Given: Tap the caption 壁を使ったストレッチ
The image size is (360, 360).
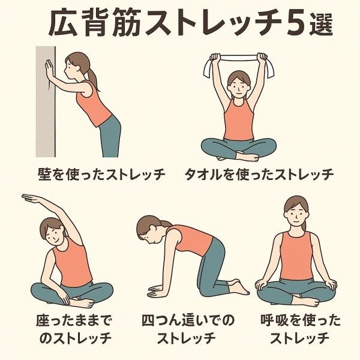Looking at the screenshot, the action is coord(101,174).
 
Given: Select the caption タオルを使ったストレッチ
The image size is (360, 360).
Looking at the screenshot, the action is coord(259,174).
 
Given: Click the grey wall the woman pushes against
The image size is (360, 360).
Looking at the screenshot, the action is coord(46,101).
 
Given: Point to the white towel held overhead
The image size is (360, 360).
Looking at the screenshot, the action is coord(239,63).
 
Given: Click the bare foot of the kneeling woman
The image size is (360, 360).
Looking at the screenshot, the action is coord(239,287).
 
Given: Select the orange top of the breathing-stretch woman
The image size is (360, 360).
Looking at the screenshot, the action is coord(296,256).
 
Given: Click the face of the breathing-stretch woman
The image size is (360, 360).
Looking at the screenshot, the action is coord(296,214).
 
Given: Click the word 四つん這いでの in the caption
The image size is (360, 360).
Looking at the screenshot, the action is coord(188,321).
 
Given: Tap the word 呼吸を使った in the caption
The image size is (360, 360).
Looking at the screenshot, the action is coord(301,321).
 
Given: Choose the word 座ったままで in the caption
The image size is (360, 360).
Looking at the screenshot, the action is coord(73,321).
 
